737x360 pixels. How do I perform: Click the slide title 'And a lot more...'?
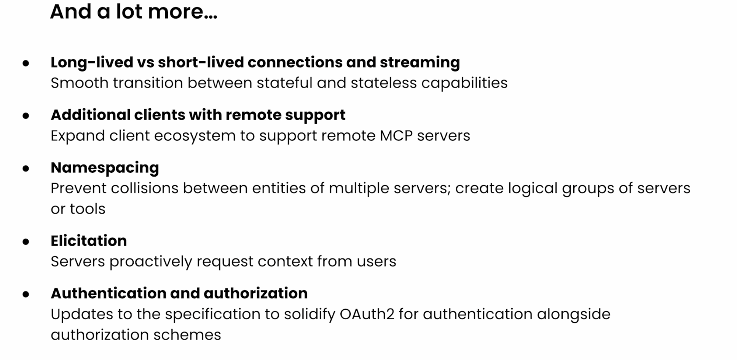[134, 11]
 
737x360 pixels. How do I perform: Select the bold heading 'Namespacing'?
[105, 168]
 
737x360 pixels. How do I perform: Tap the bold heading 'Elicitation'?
[89, 241]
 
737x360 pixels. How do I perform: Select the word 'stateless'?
[383, 83]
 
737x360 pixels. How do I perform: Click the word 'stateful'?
[284, 83]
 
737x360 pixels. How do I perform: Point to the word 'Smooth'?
[79, 83]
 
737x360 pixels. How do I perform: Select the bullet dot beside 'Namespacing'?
[26, 168]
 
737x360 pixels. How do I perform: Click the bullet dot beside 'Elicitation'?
[26, 241]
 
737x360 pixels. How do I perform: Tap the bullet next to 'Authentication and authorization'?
[26, 294]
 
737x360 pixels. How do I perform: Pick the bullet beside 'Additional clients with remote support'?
[26, 115]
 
